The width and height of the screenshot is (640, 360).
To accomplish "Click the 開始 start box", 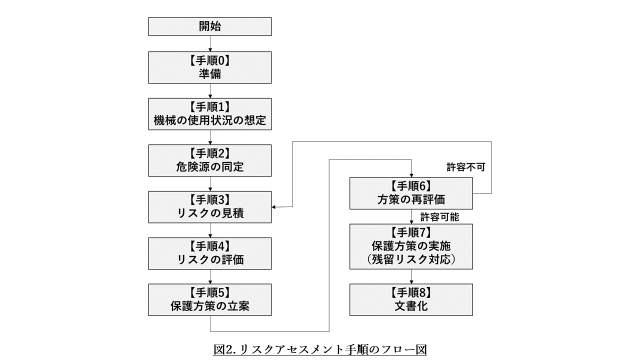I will [x=210, y=26].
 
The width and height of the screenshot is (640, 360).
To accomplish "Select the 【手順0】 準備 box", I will [x=210, y=67].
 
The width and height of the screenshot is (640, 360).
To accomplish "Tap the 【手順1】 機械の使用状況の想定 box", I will [x=210, y=114].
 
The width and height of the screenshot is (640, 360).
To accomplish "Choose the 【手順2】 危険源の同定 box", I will [x=210, y=160].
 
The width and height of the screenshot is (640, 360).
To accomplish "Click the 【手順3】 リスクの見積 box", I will [x=210, y=207].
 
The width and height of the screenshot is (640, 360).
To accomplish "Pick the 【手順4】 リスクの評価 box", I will [x=210, y=253].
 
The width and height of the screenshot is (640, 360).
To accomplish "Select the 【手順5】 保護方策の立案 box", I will [x=210, y=300].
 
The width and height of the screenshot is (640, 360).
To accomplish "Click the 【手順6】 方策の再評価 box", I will [x=411, y=193].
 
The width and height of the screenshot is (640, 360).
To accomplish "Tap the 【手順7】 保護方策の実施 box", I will [x=411, y=246].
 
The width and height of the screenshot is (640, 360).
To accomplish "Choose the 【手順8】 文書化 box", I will [x=411, y=300].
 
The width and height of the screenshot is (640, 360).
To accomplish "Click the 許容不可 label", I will [x=465, y=167].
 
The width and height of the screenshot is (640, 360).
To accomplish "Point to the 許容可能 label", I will [x=439, y=217].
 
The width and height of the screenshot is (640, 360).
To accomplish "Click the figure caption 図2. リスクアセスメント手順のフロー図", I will [x=320, y=349].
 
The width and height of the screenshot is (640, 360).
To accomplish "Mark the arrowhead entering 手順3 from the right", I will [x=274, y=207].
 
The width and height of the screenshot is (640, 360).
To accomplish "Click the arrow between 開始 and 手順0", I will [x=210, y=43].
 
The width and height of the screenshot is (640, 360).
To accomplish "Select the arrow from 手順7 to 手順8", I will [x=411, y=277].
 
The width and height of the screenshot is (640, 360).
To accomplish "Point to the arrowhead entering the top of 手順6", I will [x=411, y=174].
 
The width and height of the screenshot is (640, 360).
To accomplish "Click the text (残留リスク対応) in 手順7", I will [x=411, y=260].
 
